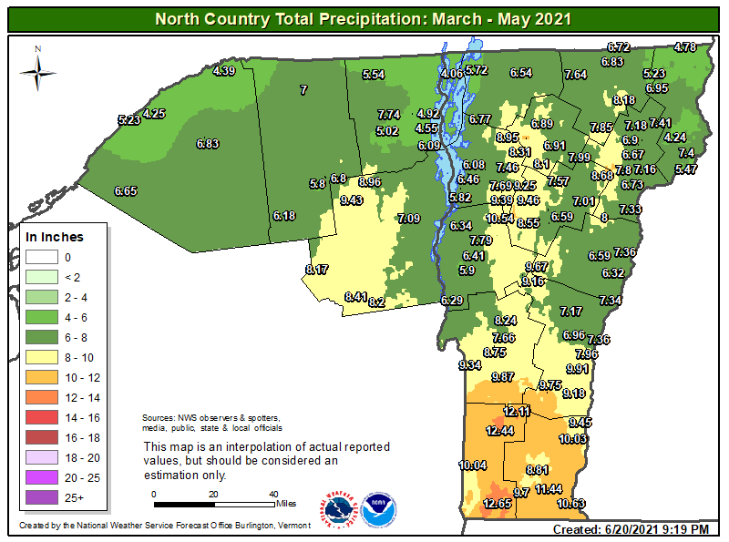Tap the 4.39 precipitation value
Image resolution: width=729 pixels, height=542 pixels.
(224, 71)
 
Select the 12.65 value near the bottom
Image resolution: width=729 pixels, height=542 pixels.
(498, 504)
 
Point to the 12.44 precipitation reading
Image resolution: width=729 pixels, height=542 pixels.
(500, 430)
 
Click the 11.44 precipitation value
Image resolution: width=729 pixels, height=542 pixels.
(548, 489)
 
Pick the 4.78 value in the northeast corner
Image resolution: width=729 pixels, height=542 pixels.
(684, 46)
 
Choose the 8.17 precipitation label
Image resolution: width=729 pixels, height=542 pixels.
(317, 270)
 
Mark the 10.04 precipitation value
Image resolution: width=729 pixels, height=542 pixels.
(473, 465)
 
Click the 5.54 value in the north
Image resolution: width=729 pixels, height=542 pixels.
(373, 75)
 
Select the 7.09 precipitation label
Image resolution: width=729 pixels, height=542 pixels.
(408, 218)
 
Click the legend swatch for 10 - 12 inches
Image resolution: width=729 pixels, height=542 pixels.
(38, 377)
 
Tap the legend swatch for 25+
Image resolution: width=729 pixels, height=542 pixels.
(38, 497)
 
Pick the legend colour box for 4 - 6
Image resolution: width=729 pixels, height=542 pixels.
(38, 317)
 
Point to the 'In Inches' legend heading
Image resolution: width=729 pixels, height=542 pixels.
(54, 237)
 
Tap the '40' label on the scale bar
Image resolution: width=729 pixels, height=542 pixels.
(272, 494)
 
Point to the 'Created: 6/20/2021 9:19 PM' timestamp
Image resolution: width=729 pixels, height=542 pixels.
(631, 529)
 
